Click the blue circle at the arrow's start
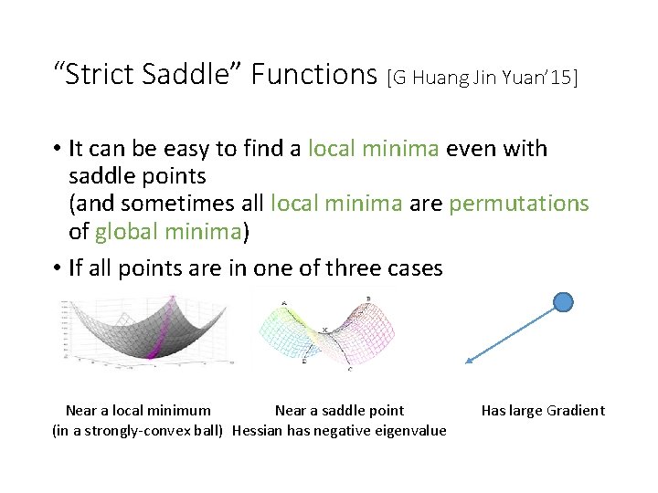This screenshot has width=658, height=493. (x=564, y=301)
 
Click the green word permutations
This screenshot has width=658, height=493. (x=519, y=204)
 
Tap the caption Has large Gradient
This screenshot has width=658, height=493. (x=543, y=411)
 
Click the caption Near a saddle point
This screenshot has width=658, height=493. (x=339, y=411)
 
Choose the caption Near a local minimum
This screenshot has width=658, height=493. (x=138, y=411)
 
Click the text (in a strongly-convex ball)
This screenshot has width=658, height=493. (x=138, y=431)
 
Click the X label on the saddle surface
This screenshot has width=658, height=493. (x=324, y=330)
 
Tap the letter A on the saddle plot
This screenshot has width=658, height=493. (x=284, y=303)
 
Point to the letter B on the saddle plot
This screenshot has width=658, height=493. (x=367, y=299)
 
